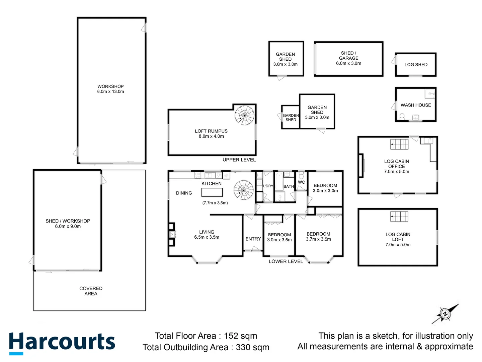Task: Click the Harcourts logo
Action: pyautogui.click(x=62, y=343)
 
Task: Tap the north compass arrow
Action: pyautogui.click(x=445, y=314)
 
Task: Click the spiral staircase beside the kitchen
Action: pyautogui.click(x=243, y=190)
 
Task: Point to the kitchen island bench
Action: pyautogui.click(x=212, y=192)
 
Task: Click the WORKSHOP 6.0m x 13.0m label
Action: pyautogui.click(x=110, y=89)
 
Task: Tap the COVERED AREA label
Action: pyautogui.click(x=91, y=291)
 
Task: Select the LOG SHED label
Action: pyautogui.click(x=416, y=65)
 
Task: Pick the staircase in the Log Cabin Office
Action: pyautogui.click(x=399, y=144)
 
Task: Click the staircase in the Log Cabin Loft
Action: pyautogui.click(x=399, y=217)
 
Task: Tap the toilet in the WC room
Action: pyautogui.click(x=301, y=175)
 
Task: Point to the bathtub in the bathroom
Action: pyautogui.click(x=279, y=181)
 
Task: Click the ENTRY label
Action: pyautogui.click(x=253, y=239)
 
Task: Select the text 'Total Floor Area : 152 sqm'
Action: pyautogui.click(x=206, y=336)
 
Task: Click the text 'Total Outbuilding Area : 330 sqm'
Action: pyautogui.click(x=206, y=347)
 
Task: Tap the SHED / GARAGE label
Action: pyautogui.click(x=348, y=58)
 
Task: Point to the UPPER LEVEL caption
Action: pyautogui.click(x=239, y=160)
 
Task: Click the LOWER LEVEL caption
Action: pyautogui.click(x=286, y=261)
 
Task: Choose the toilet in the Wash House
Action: pyautogui.click(x=402, y=117)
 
